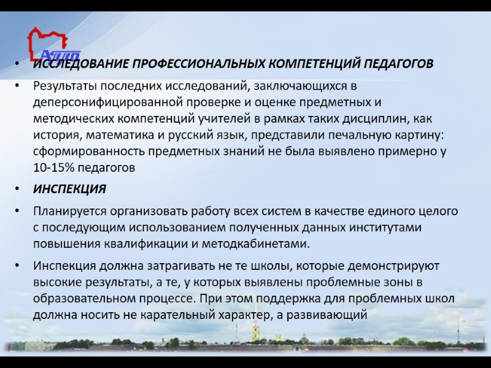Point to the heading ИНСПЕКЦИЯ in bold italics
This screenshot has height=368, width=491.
pos(69,190)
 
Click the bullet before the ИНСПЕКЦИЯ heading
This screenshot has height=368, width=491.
pos(20,190)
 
